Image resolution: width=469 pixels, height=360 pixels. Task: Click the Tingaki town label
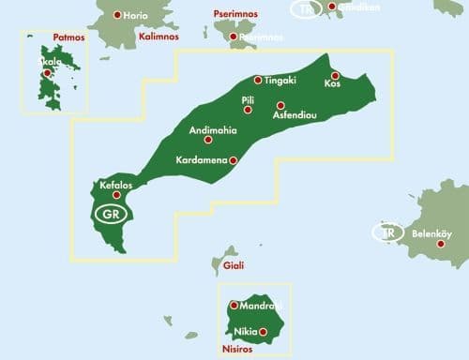(x=280, y=81)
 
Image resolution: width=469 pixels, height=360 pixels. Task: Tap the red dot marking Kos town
(x=335, y=75)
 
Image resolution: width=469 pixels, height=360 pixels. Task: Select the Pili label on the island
(x=248, y=98)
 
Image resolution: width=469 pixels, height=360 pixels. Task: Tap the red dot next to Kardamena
(x=234, y=160)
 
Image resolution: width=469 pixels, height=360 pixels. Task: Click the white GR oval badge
(x=110, y=213)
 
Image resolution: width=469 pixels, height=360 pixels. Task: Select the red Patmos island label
(x=68, y=38)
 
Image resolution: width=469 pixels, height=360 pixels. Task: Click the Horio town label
(x=137, y=15)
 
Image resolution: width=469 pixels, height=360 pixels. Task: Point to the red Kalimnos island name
(x=159, y=37)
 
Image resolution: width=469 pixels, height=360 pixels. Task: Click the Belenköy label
(x=432, y=233)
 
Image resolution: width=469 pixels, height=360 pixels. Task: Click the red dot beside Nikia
(x=263, y=332)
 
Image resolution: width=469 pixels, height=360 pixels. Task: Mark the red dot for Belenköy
(x=442, y=245)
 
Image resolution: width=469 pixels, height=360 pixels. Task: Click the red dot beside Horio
(x=117, y=15)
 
